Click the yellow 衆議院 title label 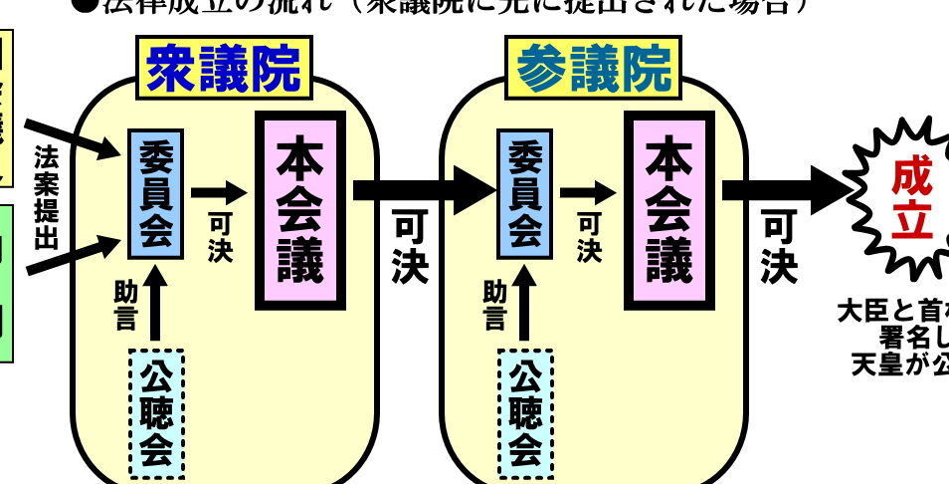pyautogui.click(x=223, y=70)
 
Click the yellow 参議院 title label pyautogui.click(x=593, y=70)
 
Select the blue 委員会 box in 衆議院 pyautogui.click(x=156, y=193)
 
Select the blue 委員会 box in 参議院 pyautogui.click(x=525, y=193)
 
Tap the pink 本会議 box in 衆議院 pyautogui.click(x=300, y=210)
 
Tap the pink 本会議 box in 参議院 pyautogui.click(x=669, y=210)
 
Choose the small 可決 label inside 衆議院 pyautogui.click(x=220, y=239)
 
